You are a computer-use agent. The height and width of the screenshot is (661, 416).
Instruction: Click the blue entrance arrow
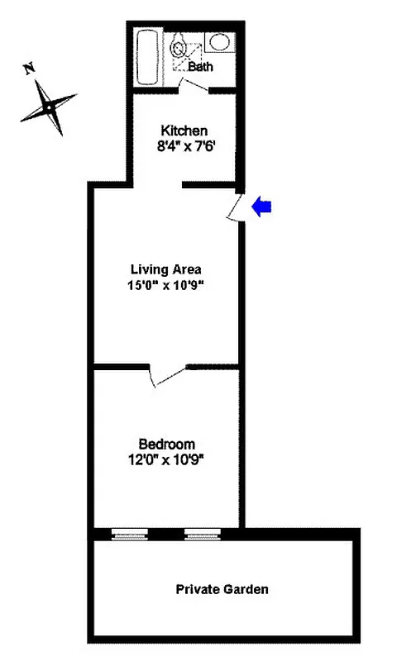pos(262,207)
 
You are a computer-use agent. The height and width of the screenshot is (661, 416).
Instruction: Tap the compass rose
pos(49,107)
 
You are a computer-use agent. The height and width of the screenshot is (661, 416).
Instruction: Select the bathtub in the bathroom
pos(150,55)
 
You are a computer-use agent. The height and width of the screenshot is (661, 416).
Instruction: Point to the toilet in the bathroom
pos(179,49)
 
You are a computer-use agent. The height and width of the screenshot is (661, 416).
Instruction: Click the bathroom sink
pos(219,41)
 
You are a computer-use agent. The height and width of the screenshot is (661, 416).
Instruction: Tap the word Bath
pos(200,67)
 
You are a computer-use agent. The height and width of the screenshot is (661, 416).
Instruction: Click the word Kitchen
pos(184,131)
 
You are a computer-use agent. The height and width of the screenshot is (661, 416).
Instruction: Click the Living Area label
pos(166,269)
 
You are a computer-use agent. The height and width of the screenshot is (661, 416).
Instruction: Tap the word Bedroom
pos(166,445)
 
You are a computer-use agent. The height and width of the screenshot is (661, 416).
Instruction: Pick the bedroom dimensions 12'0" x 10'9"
pos(166,460)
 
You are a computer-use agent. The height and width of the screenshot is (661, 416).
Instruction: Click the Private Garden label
pos(222,590)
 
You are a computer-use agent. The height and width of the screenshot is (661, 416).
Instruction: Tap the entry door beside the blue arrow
pos(234,208)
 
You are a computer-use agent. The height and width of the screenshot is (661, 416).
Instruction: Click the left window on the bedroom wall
pos(129,535)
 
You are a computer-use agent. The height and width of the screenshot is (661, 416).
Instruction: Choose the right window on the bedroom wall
pos(202,535)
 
